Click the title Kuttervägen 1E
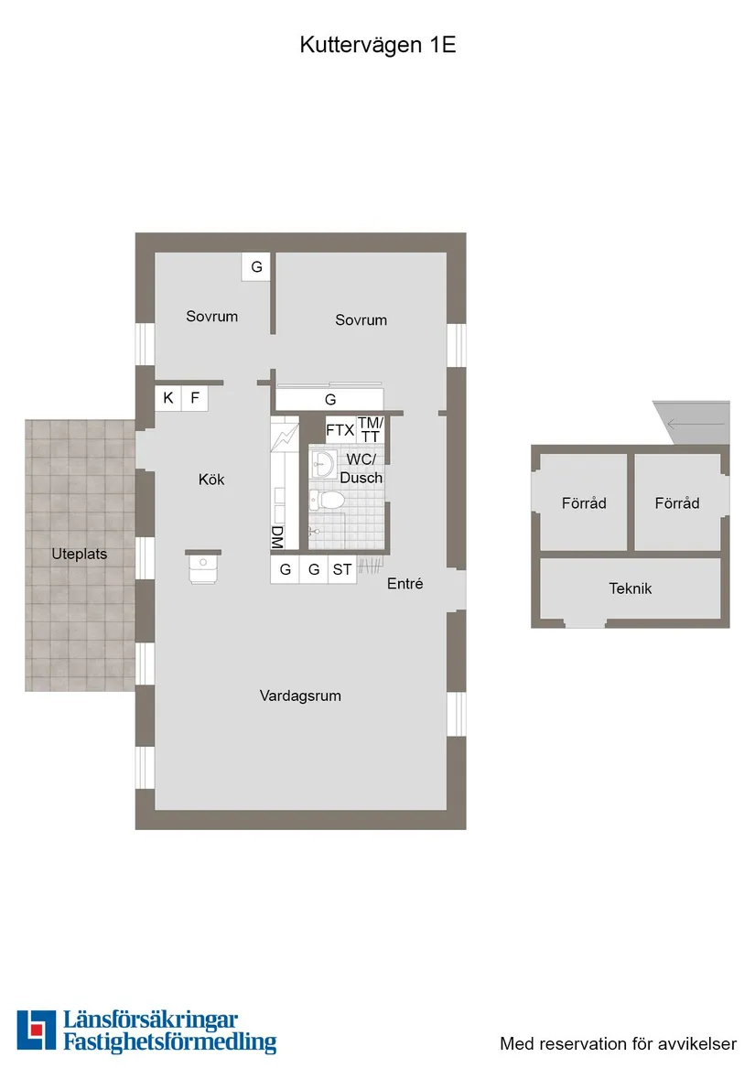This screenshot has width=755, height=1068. coord(377,46)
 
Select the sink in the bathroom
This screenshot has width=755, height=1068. coord(321,464)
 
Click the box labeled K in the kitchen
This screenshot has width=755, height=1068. coord(168,398)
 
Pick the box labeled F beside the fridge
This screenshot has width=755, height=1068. coord(195,398)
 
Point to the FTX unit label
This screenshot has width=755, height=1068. coord(340,430)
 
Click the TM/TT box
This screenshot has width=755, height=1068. coord(370,429)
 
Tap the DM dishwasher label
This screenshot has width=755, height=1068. coord(276,538)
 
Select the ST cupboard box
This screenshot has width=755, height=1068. coord(342,570)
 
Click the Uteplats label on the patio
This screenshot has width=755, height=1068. coord(80,555)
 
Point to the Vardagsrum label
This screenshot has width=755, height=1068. coord(300,696)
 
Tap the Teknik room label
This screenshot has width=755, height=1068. coord(631,588)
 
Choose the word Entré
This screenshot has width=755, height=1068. coord(404,583)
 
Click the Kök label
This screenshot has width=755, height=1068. coord(211,480)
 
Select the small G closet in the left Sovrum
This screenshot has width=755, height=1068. coord(256,267)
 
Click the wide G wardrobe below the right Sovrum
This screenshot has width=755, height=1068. coord(330,400)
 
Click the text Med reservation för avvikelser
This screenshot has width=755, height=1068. coord(618,1043)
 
